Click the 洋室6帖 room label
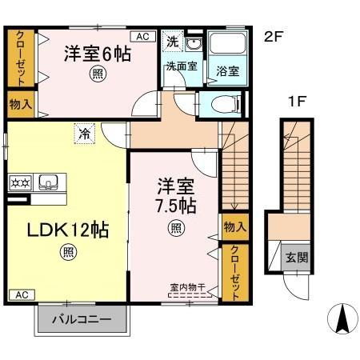click(x=97, y=55)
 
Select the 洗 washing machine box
click(x=172, y=41)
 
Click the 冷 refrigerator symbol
click(x=84, y=134)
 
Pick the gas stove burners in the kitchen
click(x=18, y=182)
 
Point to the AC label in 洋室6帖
click(x=142, y=36)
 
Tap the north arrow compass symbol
click(x=342, y=320)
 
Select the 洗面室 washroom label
click(x=182, y=66)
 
